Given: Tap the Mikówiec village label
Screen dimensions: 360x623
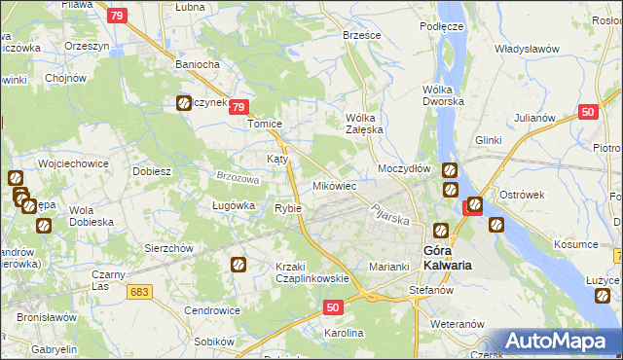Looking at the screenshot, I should (334, 185).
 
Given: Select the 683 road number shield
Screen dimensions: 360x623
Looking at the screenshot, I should (140, 291).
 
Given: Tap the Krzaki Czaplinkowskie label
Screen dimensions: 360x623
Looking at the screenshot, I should (311, 272).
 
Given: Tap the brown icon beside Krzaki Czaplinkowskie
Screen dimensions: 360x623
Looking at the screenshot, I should (238, 264).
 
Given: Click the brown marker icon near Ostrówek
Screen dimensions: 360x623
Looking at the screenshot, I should (495, 225).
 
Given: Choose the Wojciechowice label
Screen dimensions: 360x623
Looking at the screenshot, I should (72, 163).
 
